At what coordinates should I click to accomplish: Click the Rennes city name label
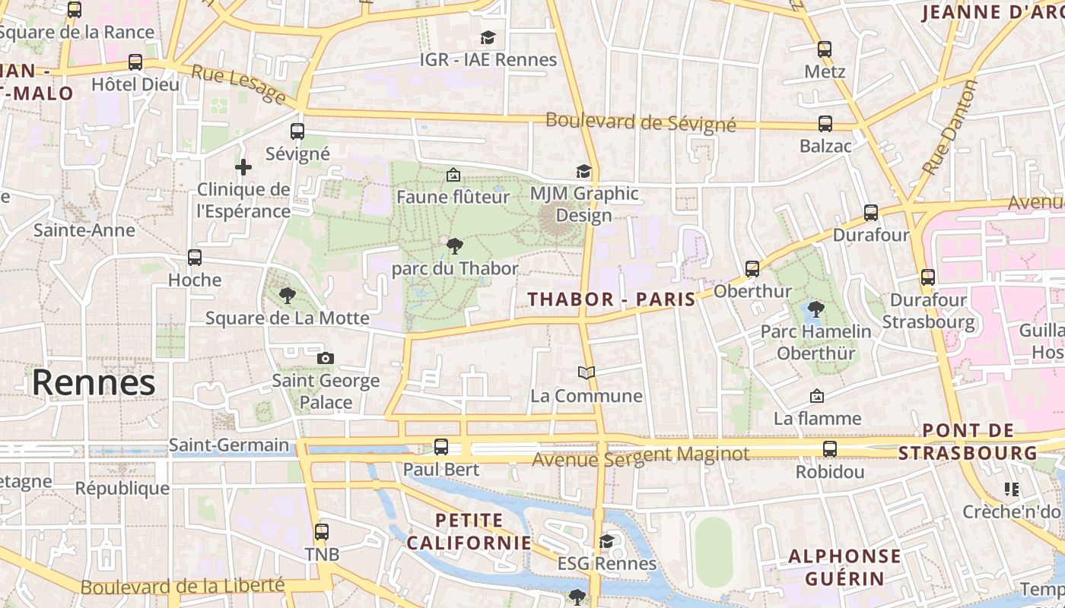point(94,382)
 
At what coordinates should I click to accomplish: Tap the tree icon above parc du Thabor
point(455,245)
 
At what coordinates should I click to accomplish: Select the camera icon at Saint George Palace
point(326,358)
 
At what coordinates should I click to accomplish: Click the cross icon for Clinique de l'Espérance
point(243,166)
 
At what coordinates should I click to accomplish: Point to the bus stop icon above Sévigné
point(297,131)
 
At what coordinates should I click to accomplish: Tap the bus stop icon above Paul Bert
point(441,447)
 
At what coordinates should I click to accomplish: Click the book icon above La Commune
point(586,372)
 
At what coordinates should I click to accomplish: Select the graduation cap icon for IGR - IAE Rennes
point(488,37)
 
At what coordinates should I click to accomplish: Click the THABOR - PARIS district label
point(612,299)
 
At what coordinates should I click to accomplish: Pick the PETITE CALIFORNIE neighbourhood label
point(469,532)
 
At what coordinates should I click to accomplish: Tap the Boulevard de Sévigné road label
point(641,122)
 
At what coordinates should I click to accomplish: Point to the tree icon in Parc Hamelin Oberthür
point(815,309)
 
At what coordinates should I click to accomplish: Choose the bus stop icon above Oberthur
point(752,268)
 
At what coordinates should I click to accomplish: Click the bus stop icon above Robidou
point(830,449)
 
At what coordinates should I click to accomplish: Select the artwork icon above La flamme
point(817,395)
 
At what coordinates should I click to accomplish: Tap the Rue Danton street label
point(950,128)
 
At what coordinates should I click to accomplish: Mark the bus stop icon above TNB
point(322,532)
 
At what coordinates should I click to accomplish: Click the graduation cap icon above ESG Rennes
point(606,540)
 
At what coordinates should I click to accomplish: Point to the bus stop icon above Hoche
point(195,258)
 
